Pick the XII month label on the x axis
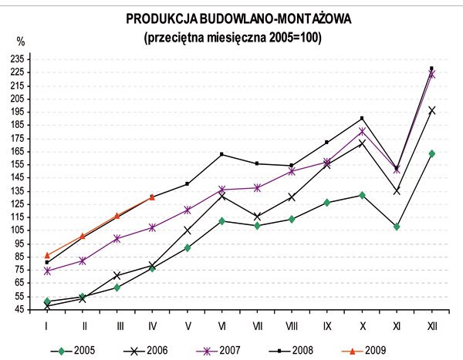(431, 326)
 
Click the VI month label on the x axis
(221, 326)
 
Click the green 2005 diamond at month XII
(431, 153)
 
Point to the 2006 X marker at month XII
(431, 110)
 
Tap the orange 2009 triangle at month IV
(152, 197)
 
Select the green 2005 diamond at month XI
(397, 227)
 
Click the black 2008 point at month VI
(221, 154)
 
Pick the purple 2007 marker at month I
(47, 271)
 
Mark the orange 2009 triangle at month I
(47, 255)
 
